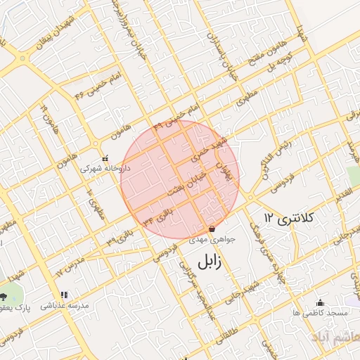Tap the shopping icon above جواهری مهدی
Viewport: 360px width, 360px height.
[212, 229]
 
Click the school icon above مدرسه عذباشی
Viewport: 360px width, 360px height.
[64, 295]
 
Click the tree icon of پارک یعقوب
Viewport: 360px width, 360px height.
[5, 297]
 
